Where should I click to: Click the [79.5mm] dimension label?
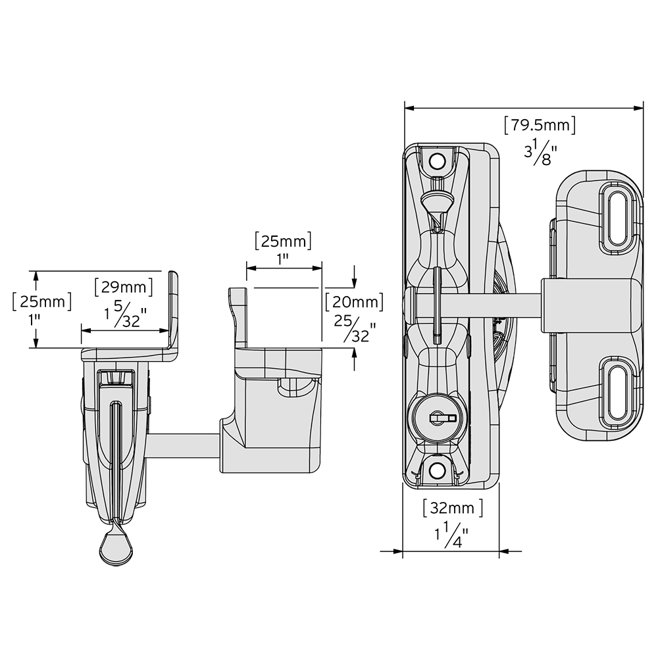[540, 125]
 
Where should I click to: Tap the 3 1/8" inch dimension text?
[540, 151]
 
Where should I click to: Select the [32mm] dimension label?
[453, 508]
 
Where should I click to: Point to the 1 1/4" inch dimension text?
[451, 534]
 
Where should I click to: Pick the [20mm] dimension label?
[354, 302]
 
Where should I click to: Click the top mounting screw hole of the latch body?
[438, 160]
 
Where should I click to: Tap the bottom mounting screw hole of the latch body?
[438, 470]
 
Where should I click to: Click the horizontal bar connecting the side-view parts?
[184, 446]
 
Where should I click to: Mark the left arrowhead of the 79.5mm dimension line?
[409, 109]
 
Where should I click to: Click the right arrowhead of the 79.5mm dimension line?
[638, 109]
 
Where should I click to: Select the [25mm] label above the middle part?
[283, 241]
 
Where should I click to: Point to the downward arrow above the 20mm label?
[355, 276]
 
